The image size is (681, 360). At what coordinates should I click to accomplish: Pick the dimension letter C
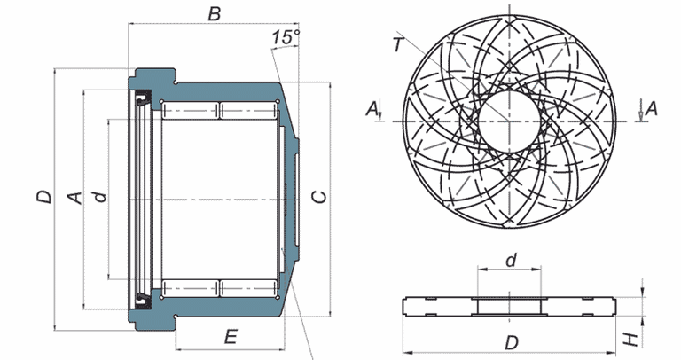(321, 196)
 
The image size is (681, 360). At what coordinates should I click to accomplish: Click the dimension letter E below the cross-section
(230, 337)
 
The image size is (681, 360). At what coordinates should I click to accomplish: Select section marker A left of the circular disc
(373, 108)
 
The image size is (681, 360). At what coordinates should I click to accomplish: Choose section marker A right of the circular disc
(651, 108)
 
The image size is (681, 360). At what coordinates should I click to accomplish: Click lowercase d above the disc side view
(510, 261)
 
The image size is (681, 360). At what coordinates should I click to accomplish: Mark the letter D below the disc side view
(511, 342)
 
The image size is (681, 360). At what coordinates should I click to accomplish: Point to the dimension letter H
(628, 338)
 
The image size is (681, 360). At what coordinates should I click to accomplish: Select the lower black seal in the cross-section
(143, 293)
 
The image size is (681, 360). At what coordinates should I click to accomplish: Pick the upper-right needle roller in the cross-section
(249, 111)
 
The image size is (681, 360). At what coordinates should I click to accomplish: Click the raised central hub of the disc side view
(510, 307)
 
